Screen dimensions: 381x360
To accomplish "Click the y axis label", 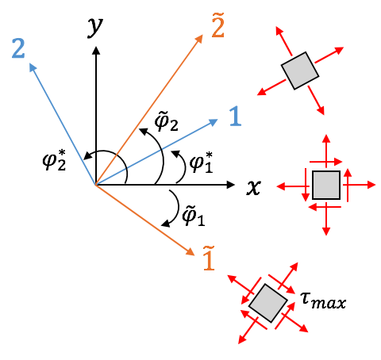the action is (x=95, y=28).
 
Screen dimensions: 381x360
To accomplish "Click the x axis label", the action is (x=254, y=187).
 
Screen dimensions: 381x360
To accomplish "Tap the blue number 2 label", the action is (x=18, y=48).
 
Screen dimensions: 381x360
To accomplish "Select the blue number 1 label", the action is (x=235, y=116).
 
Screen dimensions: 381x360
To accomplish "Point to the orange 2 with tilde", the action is (x=218, y=25).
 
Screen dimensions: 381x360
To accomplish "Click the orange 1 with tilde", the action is (x=209, y=259).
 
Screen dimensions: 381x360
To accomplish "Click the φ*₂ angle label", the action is (x=54, y=160).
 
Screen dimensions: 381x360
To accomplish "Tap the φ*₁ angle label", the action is (x=202, y=162).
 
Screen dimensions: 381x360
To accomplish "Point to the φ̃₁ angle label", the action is (x=194, y=216).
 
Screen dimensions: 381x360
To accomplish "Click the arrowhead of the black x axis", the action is (x=231, y=185).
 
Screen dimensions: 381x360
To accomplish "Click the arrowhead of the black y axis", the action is (x=96, y=51).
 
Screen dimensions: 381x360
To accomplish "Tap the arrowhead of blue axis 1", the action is (x=214, y=122).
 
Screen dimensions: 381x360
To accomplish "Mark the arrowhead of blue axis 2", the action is (x=32, y=67).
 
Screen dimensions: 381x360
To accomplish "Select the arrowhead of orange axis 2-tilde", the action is (x=199, y=39).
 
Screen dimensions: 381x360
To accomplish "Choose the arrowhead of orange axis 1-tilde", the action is (x=190, y=252).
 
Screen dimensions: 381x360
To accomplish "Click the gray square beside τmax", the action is (x=268, y=303).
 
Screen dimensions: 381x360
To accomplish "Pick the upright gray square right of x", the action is (x=326, y=185).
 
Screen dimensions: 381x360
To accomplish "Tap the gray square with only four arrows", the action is (x=300, y=71).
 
